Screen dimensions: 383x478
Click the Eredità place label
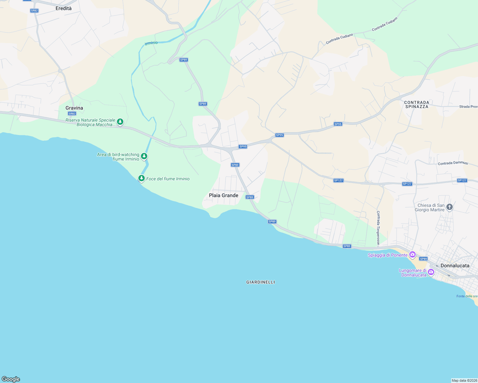click(64, 8)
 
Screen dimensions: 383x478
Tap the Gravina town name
click(74, 108)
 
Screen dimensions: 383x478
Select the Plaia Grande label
click(223, 195)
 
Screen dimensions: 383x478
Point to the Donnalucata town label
click(455, 266)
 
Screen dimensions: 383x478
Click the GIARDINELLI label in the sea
click(260, 282)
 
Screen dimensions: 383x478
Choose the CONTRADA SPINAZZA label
click(417, 104)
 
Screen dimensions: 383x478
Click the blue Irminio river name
click(151, 43)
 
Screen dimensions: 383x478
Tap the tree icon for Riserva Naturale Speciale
click(120, 122)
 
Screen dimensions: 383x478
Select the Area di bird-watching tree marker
click(144, 156)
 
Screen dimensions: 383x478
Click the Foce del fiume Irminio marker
click(142, 178)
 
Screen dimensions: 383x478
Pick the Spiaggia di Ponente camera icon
click(412, 254)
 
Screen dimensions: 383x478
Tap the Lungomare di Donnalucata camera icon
click(431, 272)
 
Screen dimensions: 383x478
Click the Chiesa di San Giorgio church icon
click(450, 207)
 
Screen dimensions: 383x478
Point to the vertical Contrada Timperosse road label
click(378, 228)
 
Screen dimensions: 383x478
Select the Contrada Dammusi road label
click(453, 163)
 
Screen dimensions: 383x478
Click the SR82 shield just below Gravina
click(72, 114)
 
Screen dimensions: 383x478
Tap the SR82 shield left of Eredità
click(34, 11)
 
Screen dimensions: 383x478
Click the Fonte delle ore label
click(467, 296)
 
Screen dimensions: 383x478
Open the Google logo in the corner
click(11, 379)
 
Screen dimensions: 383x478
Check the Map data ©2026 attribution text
click(464, 380)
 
